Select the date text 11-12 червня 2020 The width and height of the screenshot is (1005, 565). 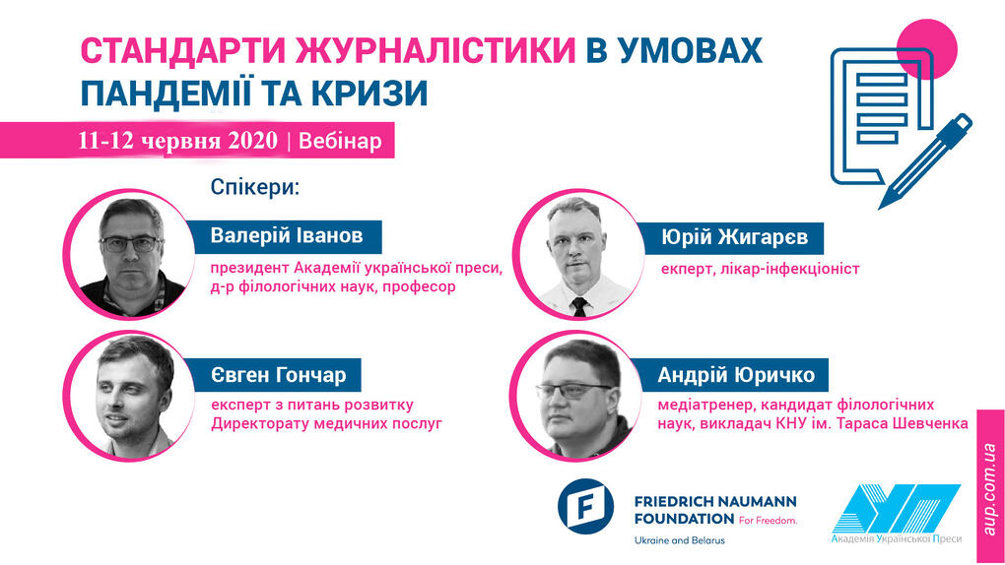tap(177, 141)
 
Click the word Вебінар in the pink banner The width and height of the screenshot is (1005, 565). tap(340, 141)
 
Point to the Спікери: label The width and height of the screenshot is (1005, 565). tap(255, 188)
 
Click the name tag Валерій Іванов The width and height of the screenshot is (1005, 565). tap(286, 235)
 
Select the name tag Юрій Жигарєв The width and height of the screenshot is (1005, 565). tap(733, 237)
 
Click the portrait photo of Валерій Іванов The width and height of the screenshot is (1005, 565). tap(130, 254)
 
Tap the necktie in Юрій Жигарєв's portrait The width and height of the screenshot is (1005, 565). tap(578, 307)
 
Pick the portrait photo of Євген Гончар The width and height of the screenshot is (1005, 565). tap(130, 396)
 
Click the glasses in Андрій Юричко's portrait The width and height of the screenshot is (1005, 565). tap(574, 391)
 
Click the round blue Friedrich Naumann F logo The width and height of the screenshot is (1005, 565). tap(585, 507)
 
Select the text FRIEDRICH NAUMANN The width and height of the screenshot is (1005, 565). tap(715, 502)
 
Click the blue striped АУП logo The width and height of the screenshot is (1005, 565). tap(896, 509)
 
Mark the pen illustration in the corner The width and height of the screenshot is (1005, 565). tap(925, 160)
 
